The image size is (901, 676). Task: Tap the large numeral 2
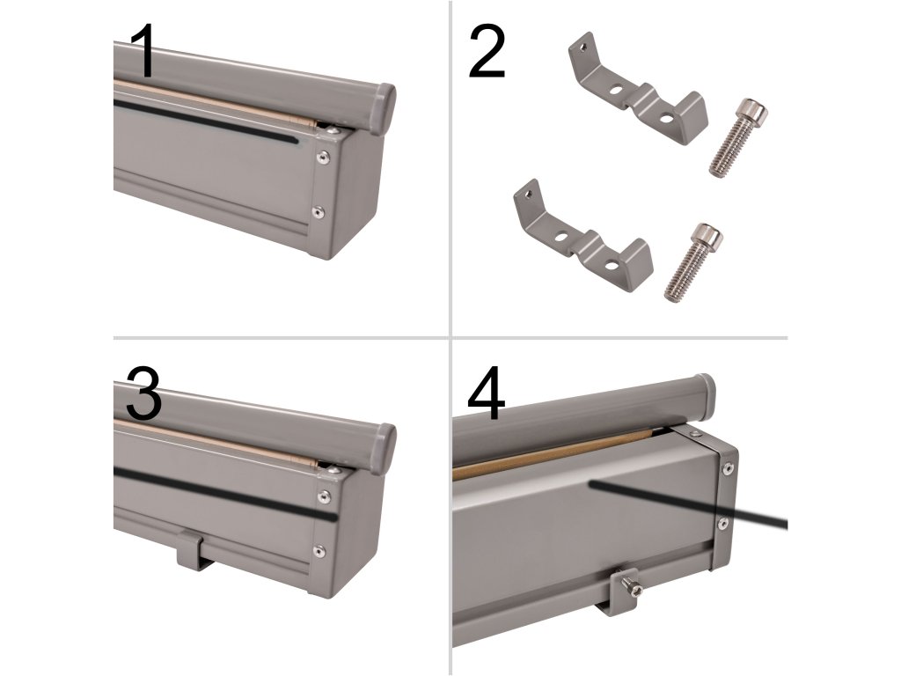coord(487,52)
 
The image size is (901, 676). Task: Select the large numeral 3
coord(143,394)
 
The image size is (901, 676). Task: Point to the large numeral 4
coord(486,393)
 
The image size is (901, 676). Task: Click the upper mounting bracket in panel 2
coord(637,92)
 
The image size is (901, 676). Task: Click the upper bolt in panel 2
coord(737,138)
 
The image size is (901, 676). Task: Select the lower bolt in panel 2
coord(693,262)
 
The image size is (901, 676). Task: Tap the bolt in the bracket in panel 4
coord(632,587)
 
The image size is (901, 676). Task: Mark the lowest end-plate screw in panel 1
coord(318,213)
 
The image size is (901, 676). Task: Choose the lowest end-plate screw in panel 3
coord(318,552)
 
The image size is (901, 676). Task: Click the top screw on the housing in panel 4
coord(695,434)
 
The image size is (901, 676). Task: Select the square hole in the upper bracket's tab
coord(584,46)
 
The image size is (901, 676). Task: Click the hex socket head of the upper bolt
coord(753,111)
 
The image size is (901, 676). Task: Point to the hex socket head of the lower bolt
coord(709,235)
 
